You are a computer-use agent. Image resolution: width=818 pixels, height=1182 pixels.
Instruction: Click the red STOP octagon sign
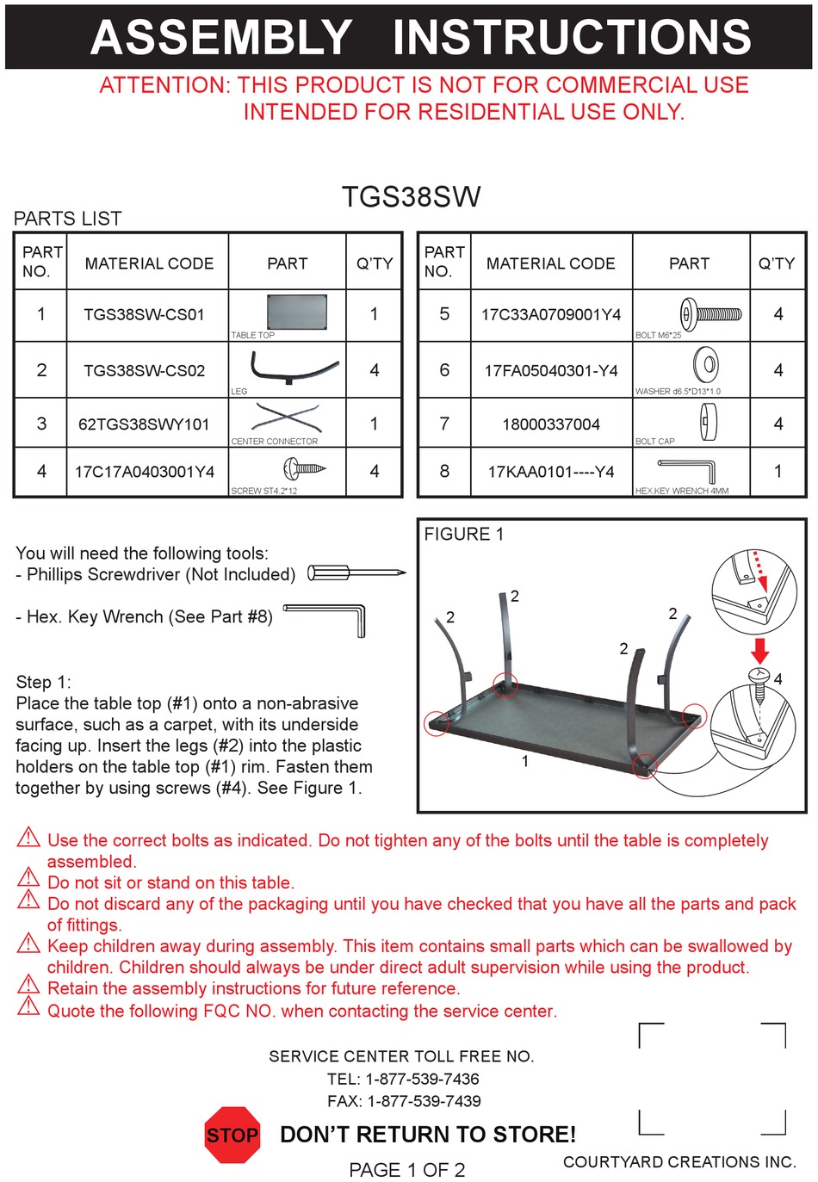click(232, 1135)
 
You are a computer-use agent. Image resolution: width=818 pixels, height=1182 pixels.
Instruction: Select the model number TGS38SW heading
click(411, 197)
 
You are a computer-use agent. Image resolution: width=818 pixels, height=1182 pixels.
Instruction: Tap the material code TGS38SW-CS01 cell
click(144, 315)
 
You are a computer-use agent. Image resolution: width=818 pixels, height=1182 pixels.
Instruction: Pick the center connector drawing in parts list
click(288, 418)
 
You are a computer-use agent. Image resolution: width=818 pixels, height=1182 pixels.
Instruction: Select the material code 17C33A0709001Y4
click(550, 315)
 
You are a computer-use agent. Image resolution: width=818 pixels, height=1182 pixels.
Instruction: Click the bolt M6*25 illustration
click(710, 313)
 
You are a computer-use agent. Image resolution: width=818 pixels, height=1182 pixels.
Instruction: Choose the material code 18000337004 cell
click(550, 424)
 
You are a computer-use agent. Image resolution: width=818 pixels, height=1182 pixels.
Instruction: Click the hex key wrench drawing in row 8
click(688, 469)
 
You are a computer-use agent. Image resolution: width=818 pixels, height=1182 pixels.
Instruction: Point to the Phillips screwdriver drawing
click(356, 572)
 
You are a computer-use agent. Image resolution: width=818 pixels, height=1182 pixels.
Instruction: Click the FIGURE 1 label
click(464, 535)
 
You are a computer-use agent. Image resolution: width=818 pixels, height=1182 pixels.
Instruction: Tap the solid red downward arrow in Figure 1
click(759, 650)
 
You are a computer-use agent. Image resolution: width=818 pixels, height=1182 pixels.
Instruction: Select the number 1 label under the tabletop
click(525, 761)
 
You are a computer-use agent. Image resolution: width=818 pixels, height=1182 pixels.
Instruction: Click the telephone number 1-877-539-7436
click(422, 1079)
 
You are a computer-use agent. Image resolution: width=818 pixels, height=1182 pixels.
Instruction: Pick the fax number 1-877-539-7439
click(424, 1101)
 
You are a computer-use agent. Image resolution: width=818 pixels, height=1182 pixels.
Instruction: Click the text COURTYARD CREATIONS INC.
click(679, 1162)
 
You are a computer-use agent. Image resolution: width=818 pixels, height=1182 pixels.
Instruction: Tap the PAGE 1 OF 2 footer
click(406, 1170)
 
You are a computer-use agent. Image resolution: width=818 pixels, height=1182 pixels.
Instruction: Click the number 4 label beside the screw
click(778, 679)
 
